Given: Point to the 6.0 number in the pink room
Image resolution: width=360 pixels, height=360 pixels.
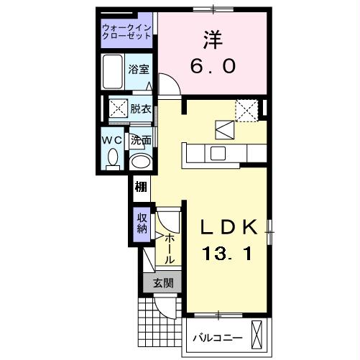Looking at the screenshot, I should pyautogui.click(x=213, y=66).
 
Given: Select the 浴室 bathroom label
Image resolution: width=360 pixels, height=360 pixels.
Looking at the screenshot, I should pyautogui.click(x=139, y=70).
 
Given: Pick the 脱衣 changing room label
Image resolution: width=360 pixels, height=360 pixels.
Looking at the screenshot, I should pyautogui.click(x=141, y=109).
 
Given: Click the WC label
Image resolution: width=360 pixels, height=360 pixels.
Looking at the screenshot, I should pyautogui.click(x=112, y=141).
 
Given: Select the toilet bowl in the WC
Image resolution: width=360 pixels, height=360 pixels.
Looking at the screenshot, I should pyautogui.click(x=112, y=162).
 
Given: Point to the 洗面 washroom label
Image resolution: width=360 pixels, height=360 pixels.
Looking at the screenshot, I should pyautogui.click(x=141, y=141).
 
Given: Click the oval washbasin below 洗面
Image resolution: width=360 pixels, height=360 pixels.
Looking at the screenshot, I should pyautogui.click(x=141, y=162).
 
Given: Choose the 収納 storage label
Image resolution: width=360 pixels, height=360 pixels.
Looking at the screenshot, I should pyautogui.click(x=141, y=223).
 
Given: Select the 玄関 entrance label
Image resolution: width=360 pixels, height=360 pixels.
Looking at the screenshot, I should pyautogui.click(x=162, y=283).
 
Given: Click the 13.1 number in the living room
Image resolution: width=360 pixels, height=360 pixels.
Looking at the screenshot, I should pyautogui.click(x=227, y=254).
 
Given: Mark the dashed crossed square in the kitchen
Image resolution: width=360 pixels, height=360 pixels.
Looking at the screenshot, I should pyautogui.click(x=247, y=110).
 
